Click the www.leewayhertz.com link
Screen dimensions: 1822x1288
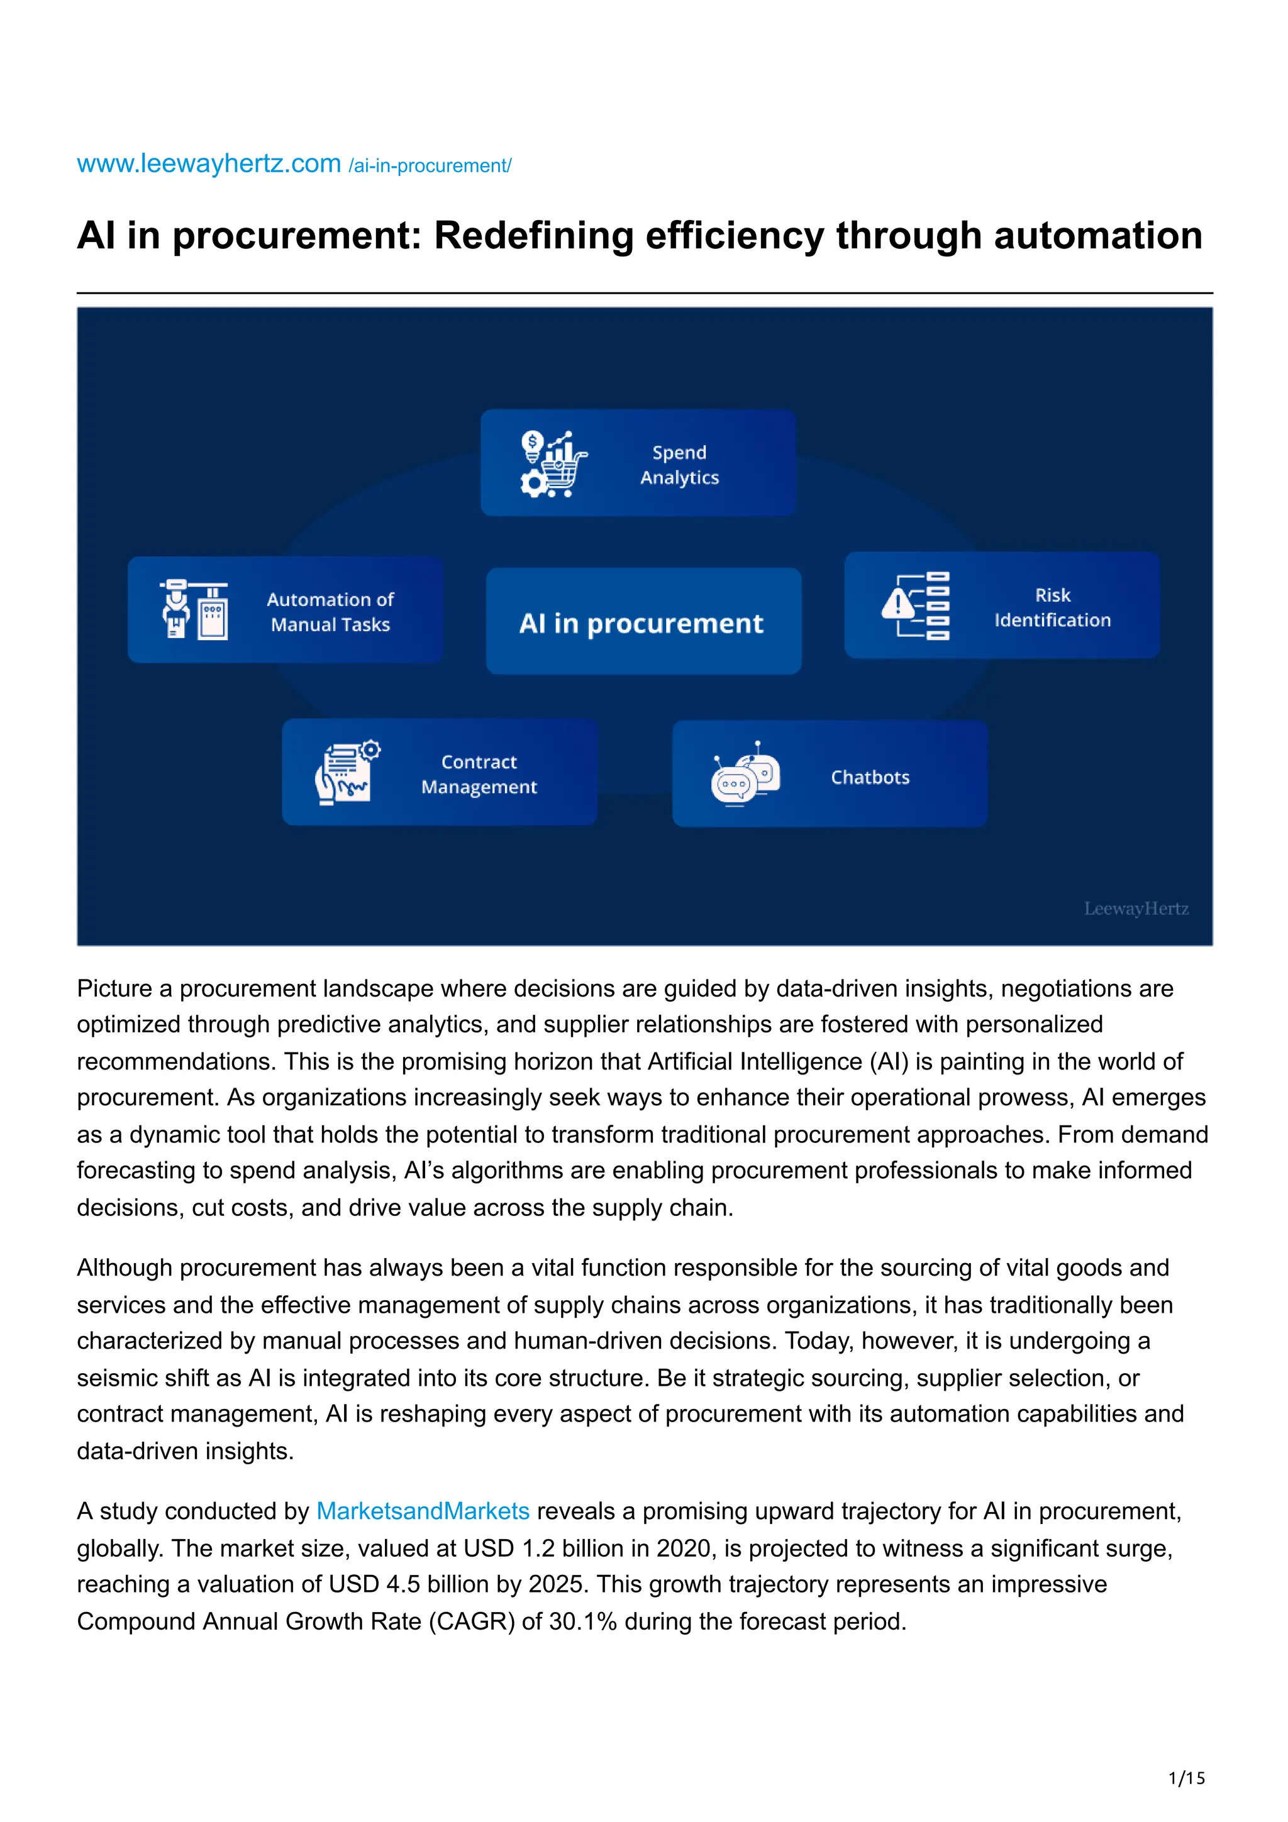208,163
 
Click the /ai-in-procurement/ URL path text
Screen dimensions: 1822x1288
430,166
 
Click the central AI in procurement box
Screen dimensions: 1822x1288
643,622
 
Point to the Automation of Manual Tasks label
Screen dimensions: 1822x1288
330,612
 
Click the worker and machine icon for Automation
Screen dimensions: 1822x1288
194,609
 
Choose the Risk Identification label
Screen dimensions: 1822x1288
1052,607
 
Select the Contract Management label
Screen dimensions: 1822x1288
479,774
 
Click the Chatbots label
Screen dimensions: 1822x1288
870,777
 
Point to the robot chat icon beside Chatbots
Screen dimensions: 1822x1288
745,774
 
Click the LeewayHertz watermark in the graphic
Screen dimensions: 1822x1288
1136,908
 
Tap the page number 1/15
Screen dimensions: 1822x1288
1185,1779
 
